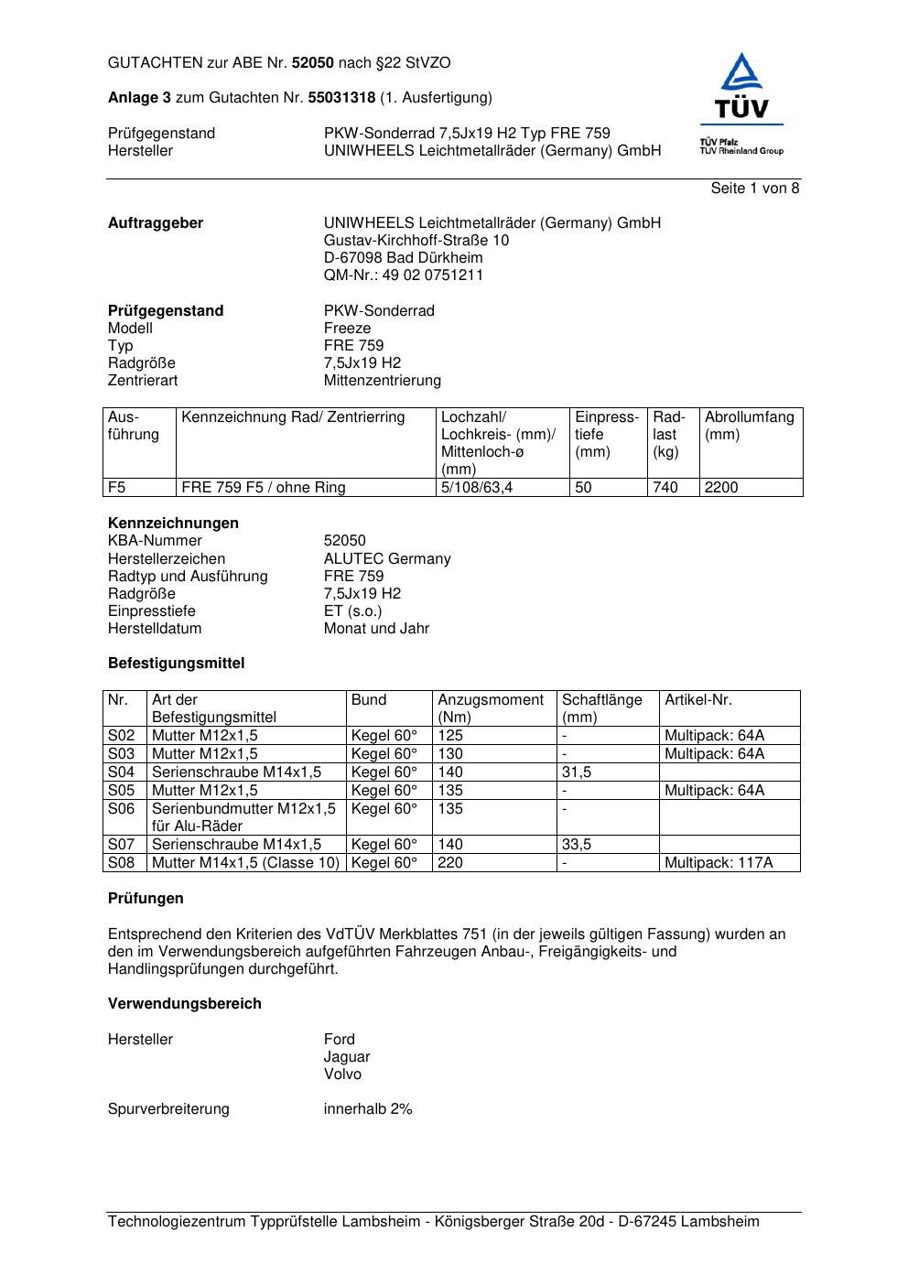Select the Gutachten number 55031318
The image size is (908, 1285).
[341, 97]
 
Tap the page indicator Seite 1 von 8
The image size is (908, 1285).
[754, 189]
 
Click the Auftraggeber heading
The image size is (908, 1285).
[156, 223]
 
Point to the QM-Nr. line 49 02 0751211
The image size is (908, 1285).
[404, 275]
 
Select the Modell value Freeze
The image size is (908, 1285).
[347, 329]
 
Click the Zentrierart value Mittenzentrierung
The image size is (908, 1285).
[382, 381]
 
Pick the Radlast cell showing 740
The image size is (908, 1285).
[665, 488]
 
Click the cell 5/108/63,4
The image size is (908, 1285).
[477, 488]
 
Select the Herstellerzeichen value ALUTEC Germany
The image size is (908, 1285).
[387, 559]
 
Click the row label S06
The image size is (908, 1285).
[121, 809]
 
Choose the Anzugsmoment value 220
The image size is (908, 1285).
[450, 863]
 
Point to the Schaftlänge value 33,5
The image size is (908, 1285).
[577, 845]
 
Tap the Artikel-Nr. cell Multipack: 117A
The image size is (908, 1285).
[719, 863]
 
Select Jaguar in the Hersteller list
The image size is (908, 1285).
[347, 1057]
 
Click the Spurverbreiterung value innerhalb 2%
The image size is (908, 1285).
[368, 1109]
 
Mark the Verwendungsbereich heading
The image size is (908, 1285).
[185, 1004]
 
